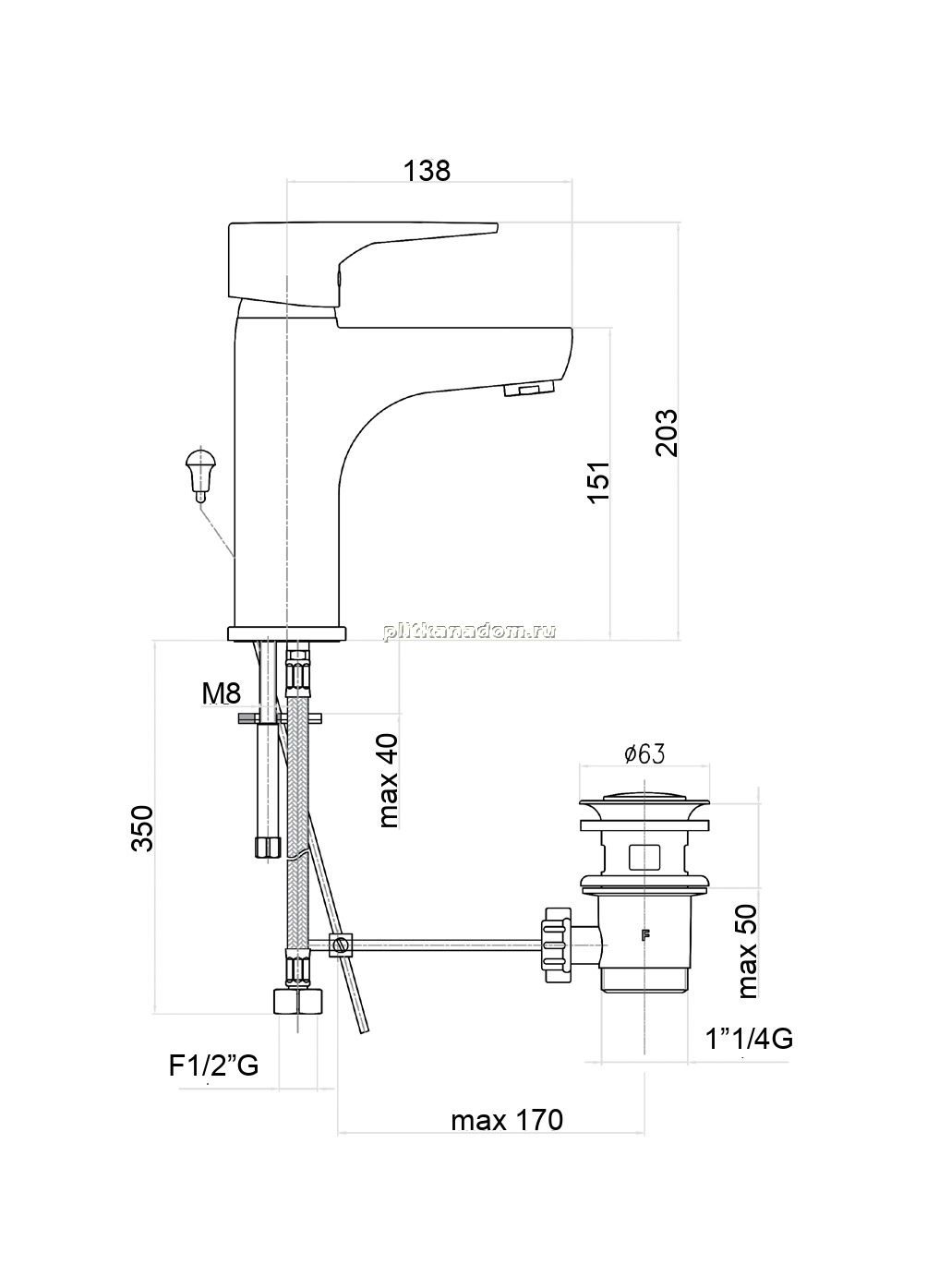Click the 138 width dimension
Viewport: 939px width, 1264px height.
point(427,171)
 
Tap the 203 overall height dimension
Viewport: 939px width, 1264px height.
point(667,432)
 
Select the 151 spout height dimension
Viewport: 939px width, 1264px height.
point(598,482)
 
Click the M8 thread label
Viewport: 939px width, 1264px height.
point(222,693)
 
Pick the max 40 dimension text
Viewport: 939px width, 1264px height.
point(389,780)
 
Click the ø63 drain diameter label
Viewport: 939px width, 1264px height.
point(644,753)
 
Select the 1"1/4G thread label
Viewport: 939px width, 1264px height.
point(749,1039)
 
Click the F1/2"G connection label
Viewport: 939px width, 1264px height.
point(213,1065)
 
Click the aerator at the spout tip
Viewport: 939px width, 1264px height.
point(528,390)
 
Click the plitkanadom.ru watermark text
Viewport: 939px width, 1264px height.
point(470,631)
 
